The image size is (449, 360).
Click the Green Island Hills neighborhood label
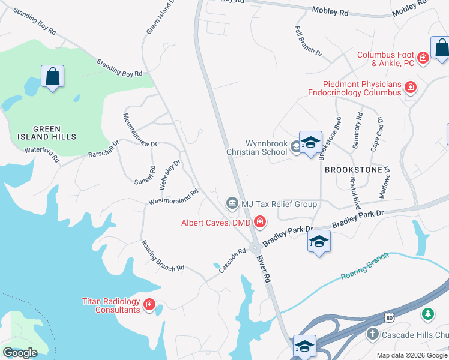coord(55,133)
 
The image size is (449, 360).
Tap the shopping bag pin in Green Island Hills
coord(53,77)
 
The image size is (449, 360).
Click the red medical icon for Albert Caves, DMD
coord(259,223)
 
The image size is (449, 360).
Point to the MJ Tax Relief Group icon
coord(232,204)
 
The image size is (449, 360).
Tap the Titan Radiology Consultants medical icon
coord(149,305)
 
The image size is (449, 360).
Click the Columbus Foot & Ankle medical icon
coord(423,58)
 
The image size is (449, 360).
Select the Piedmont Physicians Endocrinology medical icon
coord(411,88)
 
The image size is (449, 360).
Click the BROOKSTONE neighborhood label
coord(354,170)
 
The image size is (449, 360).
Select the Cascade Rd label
coord(233,261)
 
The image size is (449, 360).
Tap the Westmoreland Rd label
coord(173,197)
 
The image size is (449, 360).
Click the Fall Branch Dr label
coord(309,41)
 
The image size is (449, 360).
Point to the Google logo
coord(20,352)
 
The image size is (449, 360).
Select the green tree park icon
coord(427,314)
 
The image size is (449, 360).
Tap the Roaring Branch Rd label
coord(162,256)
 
